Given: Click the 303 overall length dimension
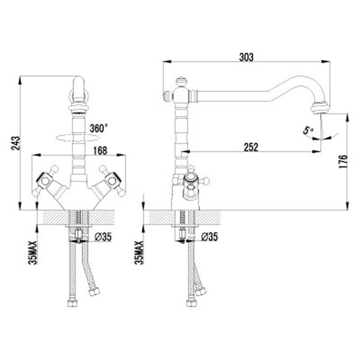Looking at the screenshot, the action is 246,57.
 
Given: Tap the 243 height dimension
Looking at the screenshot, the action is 15,143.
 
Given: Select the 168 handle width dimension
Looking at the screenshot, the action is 100,151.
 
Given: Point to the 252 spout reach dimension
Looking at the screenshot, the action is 251,147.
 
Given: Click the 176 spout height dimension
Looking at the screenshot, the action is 343,161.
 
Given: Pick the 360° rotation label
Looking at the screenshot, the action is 99,128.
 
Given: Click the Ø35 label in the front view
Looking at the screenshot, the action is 103,237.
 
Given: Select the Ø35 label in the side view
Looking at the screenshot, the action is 209,237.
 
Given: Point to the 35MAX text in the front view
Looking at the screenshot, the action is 32,253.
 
